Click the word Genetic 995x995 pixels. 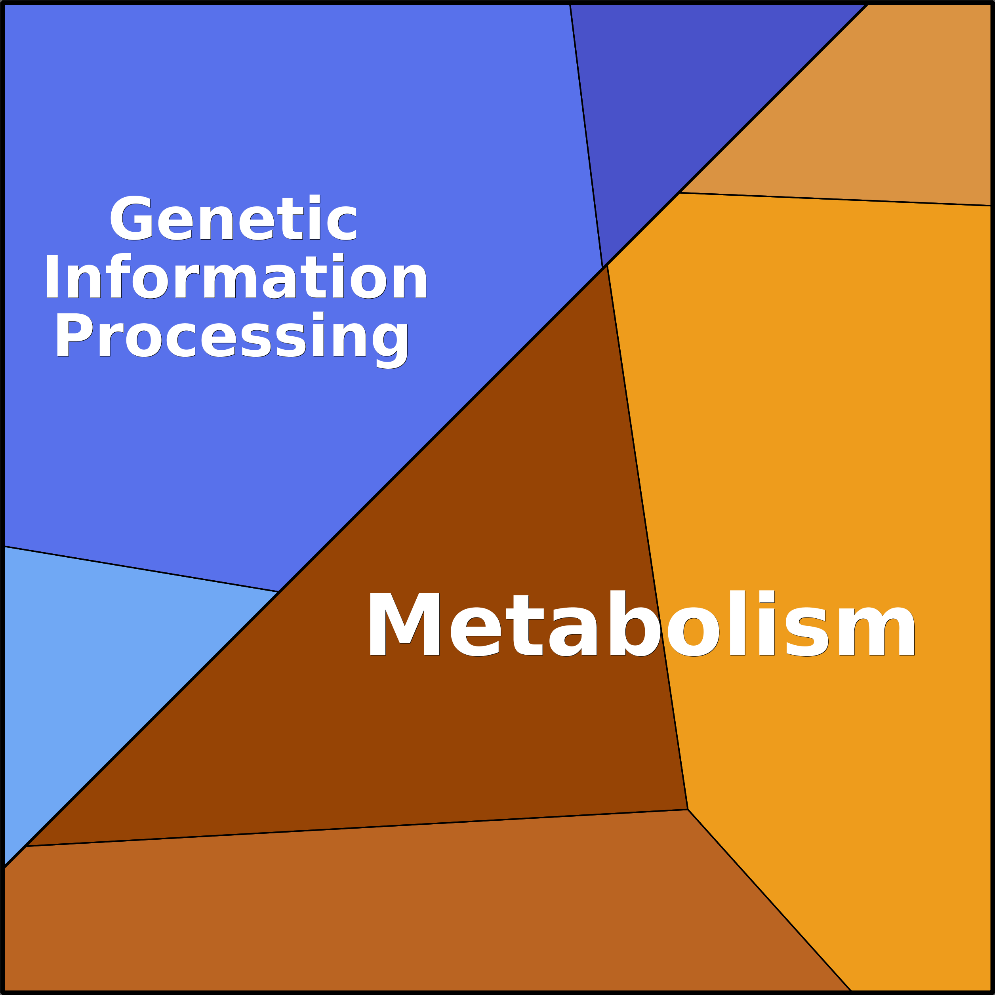coord(233,218)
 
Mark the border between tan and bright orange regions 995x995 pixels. coord(834,199)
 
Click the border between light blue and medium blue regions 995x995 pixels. coord(139,569)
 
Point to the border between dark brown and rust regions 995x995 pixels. coord(360,828)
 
